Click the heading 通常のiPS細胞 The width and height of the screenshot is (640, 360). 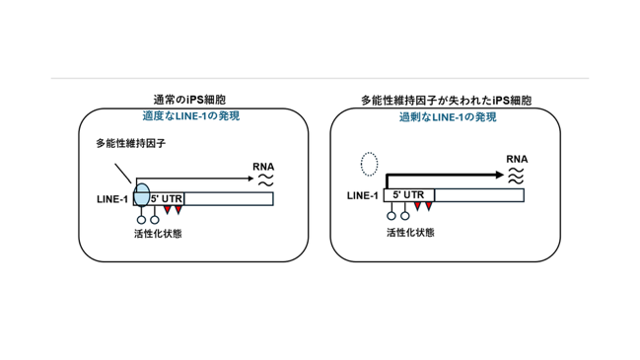click(x=189, y=100)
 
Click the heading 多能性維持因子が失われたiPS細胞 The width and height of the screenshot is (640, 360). click(x=446, y=100)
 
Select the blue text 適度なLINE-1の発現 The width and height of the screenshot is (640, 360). click(x=191, y=116)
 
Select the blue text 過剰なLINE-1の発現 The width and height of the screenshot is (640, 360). click(x=448, y=117)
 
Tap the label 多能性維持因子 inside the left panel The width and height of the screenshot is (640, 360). click(x=130, y=143)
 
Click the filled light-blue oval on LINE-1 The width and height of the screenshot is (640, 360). click(x=142, y=195)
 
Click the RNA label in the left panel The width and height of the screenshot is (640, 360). click(x=263, y=167)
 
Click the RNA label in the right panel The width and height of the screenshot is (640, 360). click(x=517, y=159)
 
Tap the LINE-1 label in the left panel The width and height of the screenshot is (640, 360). click(x=112, y=199)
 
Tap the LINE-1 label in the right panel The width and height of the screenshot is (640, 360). click(x=363, y=195)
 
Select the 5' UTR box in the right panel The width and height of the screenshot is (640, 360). click(x=409, y=195)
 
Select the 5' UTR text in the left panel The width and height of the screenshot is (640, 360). click(x=167, y=199)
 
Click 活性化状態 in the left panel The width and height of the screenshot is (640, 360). click(x=158, y=234)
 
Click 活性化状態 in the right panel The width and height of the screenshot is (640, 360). click(x=410, y=233)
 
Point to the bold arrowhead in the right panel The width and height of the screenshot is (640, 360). click(x=500, y=175)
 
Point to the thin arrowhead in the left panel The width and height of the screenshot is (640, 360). click(x=251, y=179)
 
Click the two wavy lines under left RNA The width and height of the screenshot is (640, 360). click(x=265, y=180)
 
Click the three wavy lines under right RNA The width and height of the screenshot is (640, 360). click(x=516, y=176)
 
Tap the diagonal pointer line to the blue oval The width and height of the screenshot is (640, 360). click(x=123, y=174)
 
